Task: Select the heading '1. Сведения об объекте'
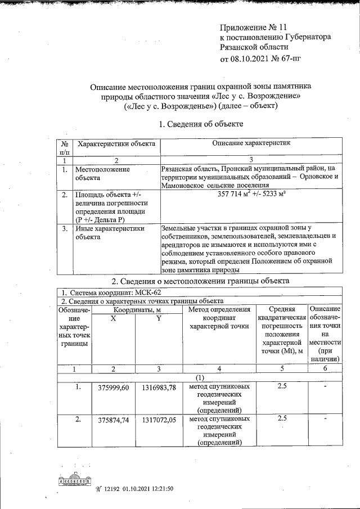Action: click(201, 124)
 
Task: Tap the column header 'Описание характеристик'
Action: click(251, 144)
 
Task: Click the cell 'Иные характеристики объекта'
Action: click(110, 233)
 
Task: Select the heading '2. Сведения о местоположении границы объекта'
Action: click(200, 281)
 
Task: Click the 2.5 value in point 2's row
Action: click(283, 418)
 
